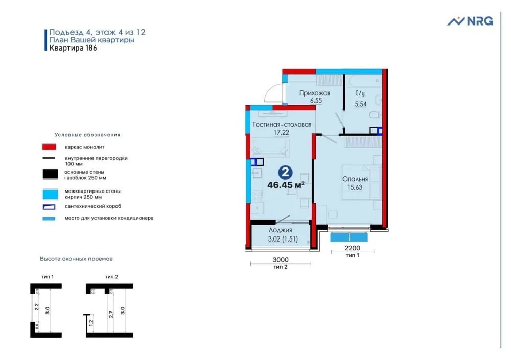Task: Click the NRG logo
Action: (470, 21)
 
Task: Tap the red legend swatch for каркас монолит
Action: (49, 147)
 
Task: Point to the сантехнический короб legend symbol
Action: (49, 207)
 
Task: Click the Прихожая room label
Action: (315, 93)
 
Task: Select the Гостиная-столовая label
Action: (282, 125)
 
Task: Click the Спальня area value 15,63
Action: (355, 188)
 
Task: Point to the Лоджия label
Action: (281, 230)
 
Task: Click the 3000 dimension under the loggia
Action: (281, 259)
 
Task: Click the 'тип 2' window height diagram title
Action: (111, 276)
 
